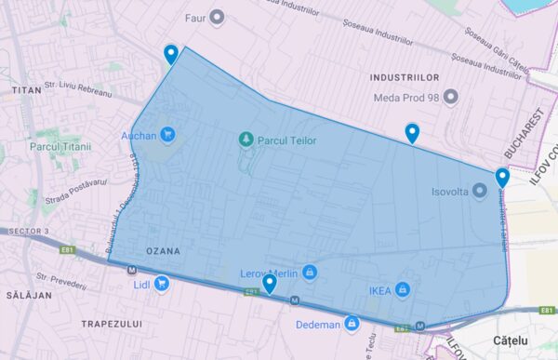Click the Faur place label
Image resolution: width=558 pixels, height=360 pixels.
194,16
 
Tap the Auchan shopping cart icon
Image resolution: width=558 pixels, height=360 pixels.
166,134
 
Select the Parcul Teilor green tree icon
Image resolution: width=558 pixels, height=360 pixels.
246,140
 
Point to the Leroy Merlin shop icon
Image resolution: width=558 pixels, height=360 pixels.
311,273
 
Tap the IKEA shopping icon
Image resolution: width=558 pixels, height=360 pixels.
403,288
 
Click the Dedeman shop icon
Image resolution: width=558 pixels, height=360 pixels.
352,325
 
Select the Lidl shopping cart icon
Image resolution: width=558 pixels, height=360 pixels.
162,283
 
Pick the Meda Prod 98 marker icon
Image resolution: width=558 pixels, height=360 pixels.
451,96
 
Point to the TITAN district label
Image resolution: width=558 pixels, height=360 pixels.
28,90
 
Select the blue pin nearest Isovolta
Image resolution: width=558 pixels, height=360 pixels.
502,178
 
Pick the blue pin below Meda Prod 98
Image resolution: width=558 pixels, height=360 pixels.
412,134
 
